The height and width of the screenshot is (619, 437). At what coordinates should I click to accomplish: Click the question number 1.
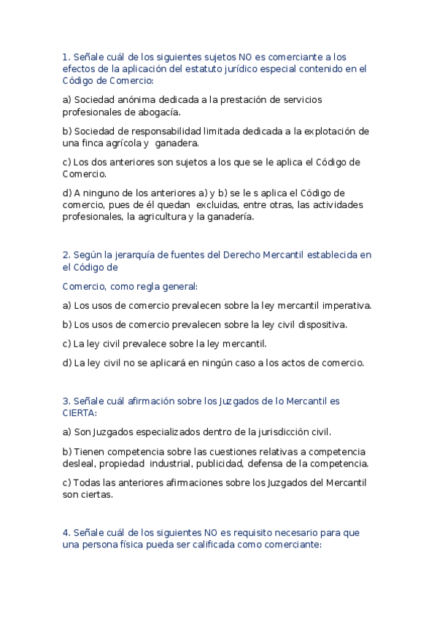pos(65,56)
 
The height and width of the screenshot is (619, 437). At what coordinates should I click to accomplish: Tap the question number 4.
pos(66,533)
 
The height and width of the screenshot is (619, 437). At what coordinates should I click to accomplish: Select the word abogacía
pos(158,112)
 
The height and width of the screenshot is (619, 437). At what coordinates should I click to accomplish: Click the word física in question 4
pos(122,545)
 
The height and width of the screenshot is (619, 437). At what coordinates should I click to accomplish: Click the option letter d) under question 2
pos(67,362)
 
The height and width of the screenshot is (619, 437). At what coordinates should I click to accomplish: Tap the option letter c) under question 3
pos(67,482)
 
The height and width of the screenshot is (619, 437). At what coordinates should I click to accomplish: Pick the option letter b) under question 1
pos(67,131)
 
